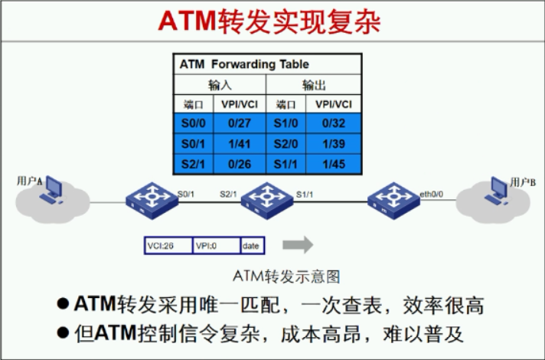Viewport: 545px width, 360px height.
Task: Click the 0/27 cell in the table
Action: point(239,123)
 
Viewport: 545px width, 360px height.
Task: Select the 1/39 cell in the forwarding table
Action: point(334,144)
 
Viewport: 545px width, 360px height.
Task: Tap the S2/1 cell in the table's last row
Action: point(193,164)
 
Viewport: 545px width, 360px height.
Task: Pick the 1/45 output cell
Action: point(334,164)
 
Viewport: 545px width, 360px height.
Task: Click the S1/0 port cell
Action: point(286,123)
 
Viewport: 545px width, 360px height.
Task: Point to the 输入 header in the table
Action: point(220,85)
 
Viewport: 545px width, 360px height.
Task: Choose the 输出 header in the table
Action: point(314,85)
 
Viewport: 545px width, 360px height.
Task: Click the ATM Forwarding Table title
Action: point(244,64)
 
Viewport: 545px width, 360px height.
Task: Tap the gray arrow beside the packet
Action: point(298,245)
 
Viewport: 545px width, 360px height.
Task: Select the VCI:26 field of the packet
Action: point(168,246)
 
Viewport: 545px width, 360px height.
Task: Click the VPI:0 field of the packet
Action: point(216,246)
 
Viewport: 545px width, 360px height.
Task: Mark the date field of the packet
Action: point(253,246)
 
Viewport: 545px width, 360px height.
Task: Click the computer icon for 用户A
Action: point(51,190)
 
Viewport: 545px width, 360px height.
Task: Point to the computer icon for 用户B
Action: point(496,191)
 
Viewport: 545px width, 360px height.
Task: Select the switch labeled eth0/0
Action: point(393,201)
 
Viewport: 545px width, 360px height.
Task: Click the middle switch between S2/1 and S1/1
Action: point(267,201)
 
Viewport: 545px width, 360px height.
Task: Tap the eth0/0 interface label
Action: point(432,194)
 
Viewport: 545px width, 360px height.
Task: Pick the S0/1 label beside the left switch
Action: point(185,194)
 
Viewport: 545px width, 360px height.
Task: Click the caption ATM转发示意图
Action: point(286,277)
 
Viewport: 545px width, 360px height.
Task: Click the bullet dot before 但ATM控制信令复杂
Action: point(63,332)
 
